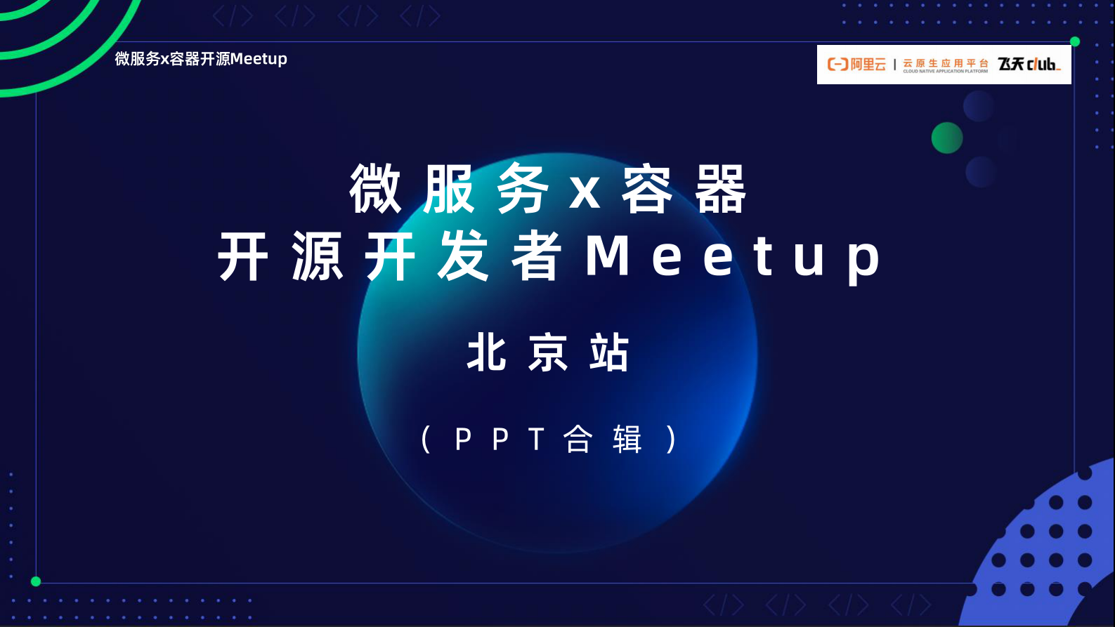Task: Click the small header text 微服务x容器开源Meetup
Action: click(x=201, y=59)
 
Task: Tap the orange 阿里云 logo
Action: click(x=856, y=65)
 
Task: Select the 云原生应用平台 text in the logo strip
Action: click(x=945, y=62)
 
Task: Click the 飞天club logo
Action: click(x=1029, y=65)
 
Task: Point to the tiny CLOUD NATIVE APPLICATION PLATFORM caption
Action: click(x=945, y=72)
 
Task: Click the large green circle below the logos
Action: click(x=946, y=138)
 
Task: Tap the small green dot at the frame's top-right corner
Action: click(x=1074, y=42)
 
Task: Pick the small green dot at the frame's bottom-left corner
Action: click(x=36, y=581)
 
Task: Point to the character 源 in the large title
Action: click(x=318, y=257)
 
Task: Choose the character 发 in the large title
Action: click(x=464, y=257)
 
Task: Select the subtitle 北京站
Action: click(x=548, y=352)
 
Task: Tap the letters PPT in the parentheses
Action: click(x=500, y=440)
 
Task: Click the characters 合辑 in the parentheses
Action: click(x=603, y=440)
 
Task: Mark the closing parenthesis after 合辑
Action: click(x=672, y=440)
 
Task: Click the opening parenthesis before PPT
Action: click(x=426, y=440)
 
